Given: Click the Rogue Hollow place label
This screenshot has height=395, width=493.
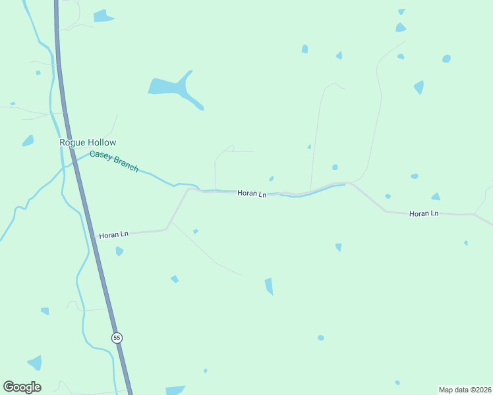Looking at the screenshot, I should point(88,142).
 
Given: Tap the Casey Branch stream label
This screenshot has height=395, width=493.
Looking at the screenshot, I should point(114,161).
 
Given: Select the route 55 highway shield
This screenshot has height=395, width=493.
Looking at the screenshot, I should point(117,338).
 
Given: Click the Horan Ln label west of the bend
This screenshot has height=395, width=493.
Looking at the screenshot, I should point(113,234).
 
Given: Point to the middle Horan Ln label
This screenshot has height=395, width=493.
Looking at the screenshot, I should point(252,194).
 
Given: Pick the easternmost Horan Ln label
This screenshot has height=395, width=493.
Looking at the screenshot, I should point(424,213).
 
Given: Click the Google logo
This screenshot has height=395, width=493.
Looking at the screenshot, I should point(22,387).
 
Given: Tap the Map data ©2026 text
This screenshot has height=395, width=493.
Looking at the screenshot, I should point(465,389).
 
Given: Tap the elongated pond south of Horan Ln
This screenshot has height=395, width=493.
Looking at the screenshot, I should point(269,286).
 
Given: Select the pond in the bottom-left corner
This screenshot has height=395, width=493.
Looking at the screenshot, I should point(34,363).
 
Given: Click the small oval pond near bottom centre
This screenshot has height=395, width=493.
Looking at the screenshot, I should point(321,338).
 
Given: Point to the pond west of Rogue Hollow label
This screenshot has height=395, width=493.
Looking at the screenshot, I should point(28,141).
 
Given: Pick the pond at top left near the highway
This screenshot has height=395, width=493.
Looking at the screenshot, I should point(103,16).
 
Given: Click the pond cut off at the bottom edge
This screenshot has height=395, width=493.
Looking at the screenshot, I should point(175,390).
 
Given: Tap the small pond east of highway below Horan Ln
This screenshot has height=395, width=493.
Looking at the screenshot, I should point(119,251).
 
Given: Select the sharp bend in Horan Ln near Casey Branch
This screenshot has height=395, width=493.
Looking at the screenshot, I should point(189,190).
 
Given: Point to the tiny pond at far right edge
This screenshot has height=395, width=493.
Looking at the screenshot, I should point(466,243).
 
